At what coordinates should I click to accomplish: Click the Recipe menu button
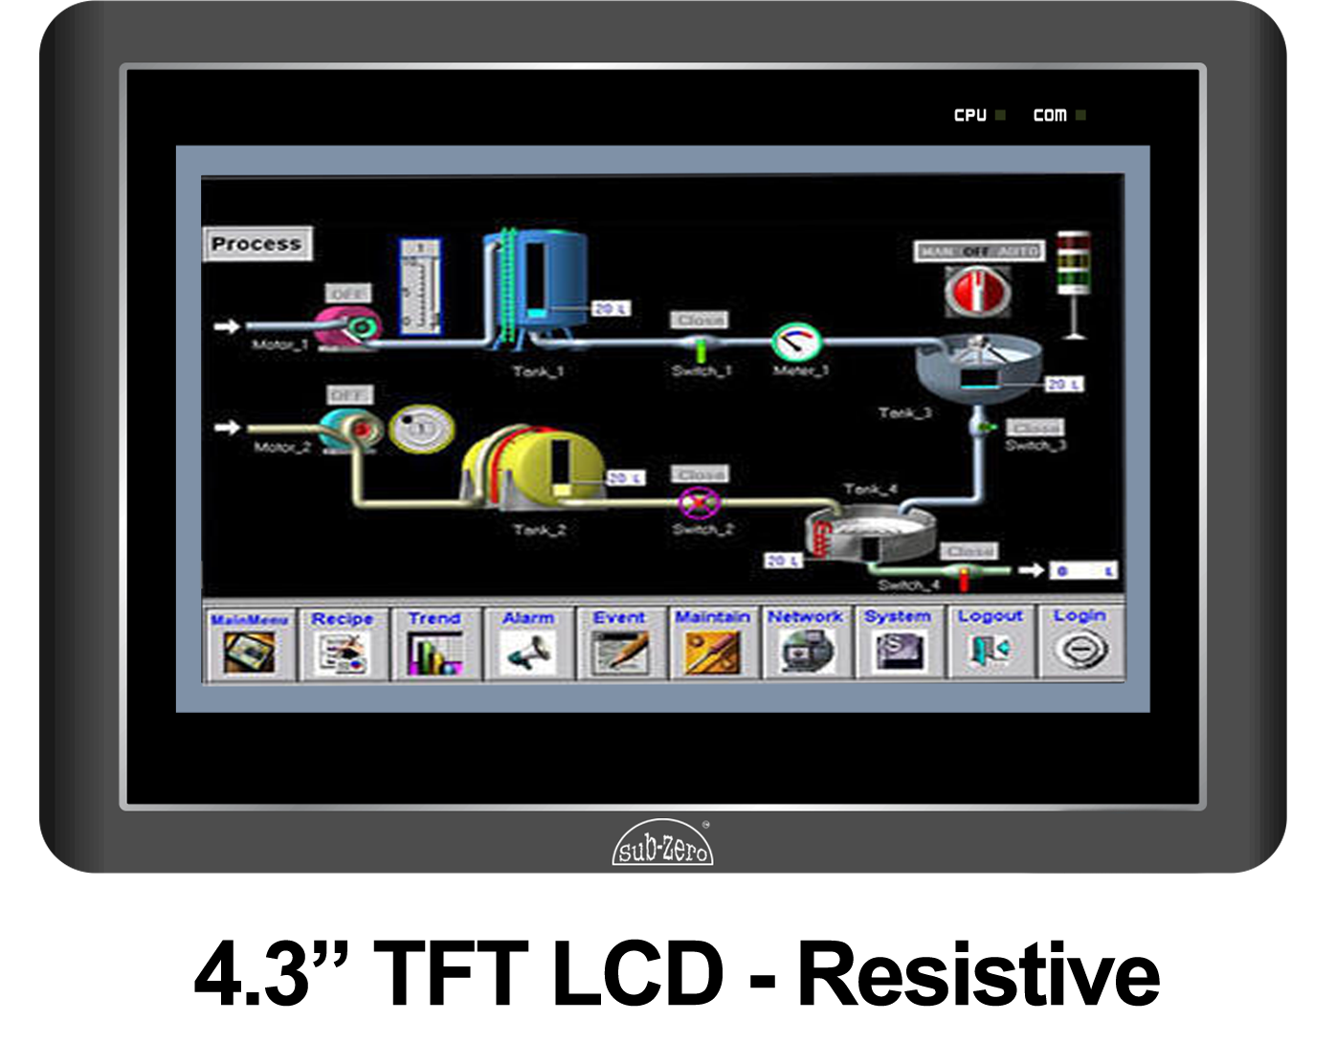coord(342,643)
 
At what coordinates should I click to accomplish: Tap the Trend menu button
coord(434,643)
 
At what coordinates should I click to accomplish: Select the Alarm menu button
coord(528,643)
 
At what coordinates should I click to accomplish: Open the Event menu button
coord(619,643)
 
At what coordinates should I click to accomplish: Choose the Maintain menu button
coord(712,643)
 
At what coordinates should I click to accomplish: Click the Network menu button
coord(805,643)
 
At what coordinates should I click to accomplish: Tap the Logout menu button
coord(990,643)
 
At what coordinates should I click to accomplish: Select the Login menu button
coord(1080,643)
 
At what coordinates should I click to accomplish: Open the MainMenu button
coord(249,643)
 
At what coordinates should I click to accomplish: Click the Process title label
coord(256,244)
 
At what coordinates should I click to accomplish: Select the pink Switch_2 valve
coord(699,502)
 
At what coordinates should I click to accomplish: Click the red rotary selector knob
coord(976,291)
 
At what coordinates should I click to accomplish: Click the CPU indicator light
coord(1000,115)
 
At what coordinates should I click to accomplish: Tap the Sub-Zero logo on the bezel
coord(662,844)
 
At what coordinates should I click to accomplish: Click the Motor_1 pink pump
coord(347,326)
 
